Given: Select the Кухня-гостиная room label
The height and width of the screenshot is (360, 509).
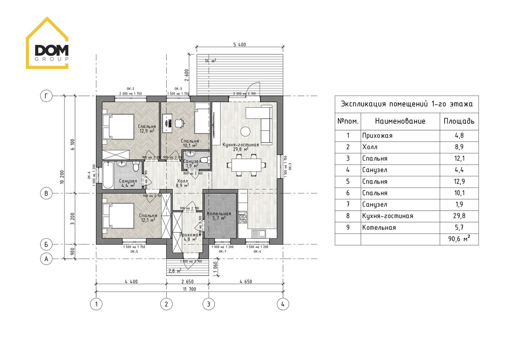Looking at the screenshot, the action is click(240, 145).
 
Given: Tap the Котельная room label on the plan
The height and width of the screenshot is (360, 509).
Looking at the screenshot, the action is click(219, 214).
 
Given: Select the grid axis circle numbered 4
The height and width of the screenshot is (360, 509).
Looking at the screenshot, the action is click(282, 304).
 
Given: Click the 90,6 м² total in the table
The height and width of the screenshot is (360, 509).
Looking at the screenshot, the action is click(459, 240).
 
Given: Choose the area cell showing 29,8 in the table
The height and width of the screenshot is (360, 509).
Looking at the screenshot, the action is click(459, 216).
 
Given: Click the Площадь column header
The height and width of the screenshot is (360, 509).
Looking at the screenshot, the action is click(459, 122).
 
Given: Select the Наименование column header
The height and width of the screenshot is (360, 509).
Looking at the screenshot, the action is click(400, 122).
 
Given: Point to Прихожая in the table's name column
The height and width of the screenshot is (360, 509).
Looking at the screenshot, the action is click(377, 136).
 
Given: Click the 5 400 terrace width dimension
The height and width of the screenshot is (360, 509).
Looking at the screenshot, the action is click(240, 45).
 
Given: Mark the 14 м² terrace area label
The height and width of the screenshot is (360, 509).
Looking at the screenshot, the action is click(210, 61).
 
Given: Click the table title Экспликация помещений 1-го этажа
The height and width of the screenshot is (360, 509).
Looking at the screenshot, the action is click(407, 103).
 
